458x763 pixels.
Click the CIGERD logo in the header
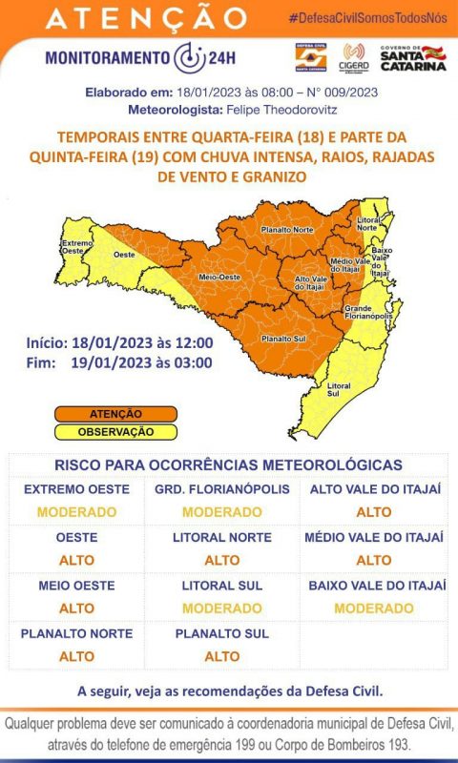click(354, 57)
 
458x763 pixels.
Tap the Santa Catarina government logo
click(413, 57)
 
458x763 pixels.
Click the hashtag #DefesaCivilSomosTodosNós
click(368, 19)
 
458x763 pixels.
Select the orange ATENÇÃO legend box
click(115, 414)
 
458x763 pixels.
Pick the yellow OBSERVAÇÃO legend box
click(115, 431)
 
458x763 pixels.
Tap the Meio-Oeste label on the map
click(216, 277)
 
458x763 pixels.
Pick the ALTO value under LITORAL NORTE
click(222, 560)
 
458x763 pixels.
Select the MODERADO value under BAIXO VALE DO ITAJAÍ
click(374, 608)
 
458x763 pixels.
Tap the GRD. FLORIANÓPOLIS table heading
click(222, 489)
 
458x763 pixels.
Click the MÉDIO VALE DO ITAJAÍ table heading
click(374, 537)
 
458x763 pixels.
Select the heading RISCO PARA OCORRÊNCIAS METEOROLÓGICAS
click(229, 464)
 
